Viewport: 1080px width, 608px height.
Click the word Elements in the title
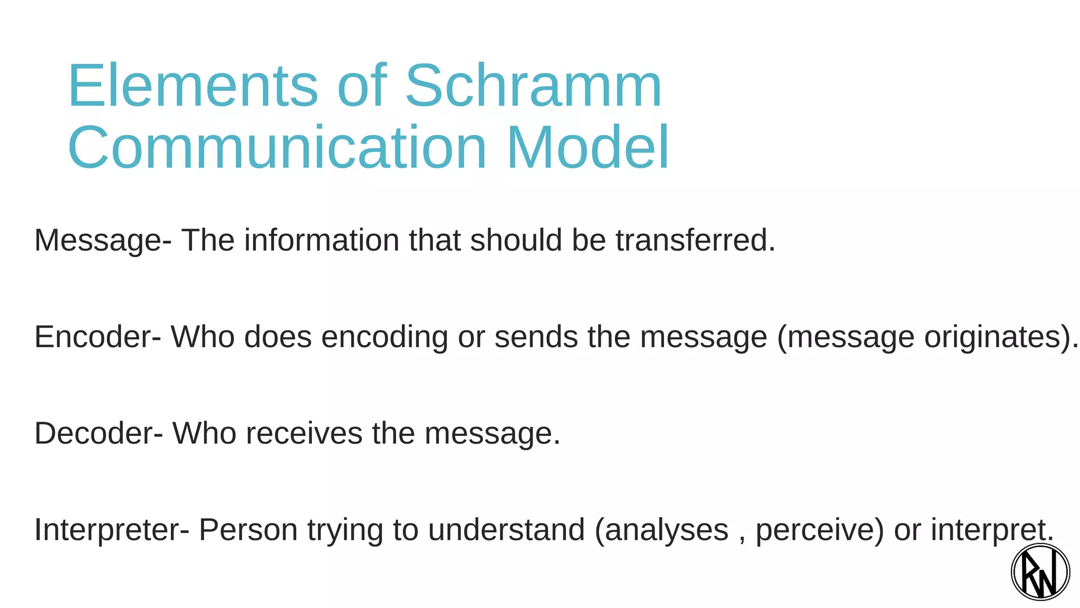[x=192, y=85]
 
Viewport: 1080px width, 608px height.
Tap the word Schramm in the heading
[x=533, y=85]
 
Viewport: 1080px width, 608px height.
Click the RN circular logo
[x=1040, y=572]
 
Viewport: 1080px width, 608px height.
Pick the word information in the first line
[x=322, y=240]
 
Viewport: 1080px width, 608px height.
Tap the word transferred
[x=695, y=240]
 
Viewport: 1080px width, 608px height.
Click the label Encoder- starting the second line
[x=98, y=337]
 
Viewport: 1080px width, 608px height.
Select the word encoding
[x=384, y=338]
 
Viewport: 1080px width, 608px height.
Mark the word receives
[x=304, y=433]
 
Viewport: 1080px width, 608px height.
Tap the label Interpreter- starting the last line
[x=111, y=530]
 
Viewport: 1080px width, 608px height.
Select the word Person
[x=248, y=530]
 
